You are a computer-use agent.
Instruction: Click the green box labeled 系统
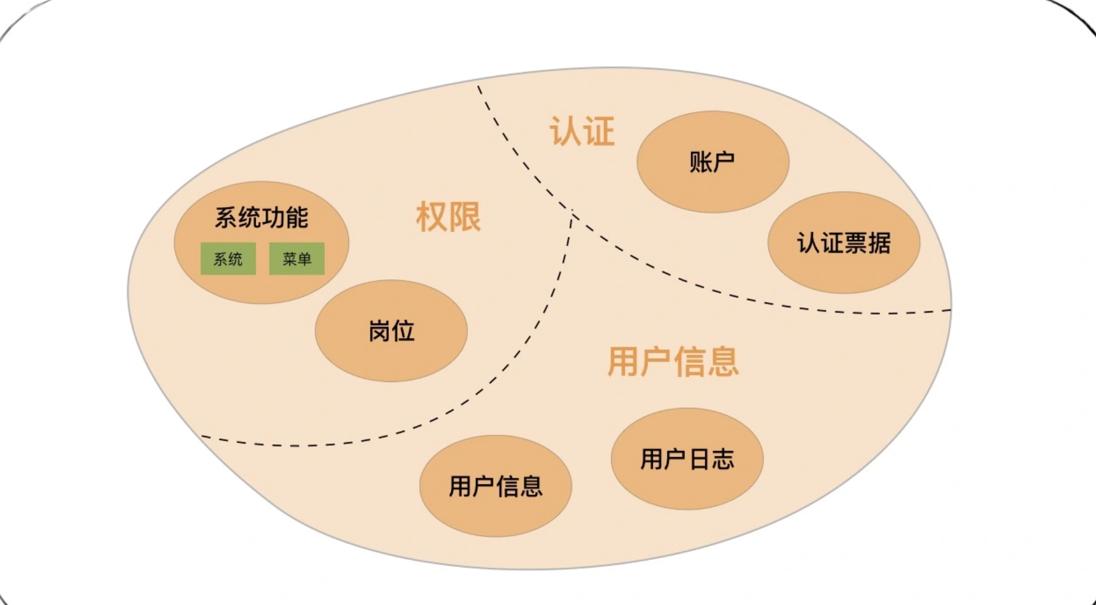[228, 259]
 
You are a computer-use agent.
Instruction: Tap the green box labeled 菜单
[297, 259]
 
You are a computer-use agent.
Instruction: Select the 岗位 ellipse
[391, 331]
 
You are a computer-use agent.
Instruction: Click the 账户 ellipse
[713, 161]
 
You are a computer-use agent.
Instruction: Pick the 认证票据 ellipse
[844, 242]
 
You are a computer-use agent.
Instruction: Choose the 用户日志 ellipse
[687, 459]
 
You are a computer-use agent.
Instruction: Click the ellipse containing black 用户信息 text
[496, 486]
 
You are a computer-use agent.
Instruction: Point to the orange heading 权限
[449, 217]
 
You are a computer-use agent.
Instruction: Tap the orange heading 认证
[583, 131]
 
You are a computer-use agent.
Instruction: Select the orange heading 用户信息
[674, 361]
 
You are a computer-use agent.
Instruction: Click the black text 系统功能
[261, 218]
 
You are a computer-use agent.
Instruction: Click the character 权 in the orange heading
[432, 217]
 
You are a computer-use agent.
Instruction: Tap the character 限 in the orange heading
[466, 217]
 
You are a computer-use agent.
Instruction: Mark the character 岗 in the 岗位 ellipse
[380, 331]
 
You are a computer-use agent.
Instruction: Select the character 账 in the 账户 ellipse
[701, 162]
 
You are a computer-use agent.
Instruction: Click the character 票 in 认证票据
[856, 243]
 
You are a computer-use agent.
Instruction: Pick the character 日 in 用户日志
[699, 459]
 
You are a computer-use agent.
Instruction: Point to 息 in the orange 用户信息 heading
[723, 361]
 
